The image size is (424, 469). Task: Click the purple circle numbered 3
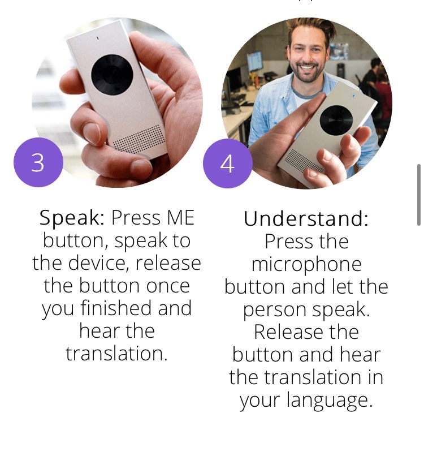pos(38,163)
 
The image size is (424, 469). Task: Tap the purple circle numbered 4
pos(227,163)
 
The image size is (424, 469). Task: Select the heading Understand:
pos(306,219)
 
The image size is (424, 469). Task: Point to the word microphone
pos(306,264)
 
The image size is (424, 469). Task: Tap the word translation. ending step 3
pos(116,354)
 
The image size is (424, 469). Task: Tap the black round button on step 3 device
pos(112,75)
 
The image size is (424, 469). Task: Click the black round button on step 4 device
pos(336,120)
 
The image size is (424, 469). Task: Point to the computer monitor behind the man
pos(255,61)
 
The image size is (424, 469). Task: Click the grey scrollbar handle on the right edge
pos(418,195)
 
